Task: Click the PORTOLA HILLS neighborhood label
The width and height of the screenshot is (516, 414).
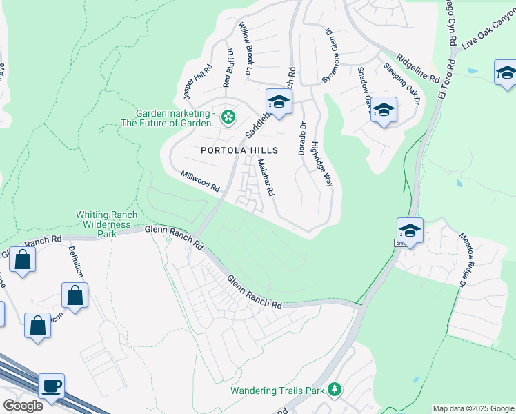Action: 239,150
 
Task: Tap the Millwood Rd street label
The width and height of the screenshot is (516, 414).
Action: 200,182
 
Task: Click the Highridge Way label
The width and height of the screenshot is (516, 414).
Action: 321,164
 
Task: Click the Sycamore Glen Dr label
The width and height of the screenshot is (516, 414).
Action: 333,55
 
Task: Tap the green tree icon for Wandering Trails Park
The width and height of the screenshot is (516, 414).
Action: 335,390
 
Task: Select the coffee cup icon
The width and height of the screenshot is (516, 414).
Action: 51,385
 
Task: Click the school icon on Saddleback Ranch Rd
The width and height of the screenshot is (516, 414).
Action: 279,101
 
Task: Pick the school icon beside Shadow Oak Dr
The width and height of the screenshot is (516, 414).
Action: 384,110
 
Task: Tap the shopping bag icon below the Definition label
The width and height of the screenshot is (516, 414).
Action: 75,295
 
